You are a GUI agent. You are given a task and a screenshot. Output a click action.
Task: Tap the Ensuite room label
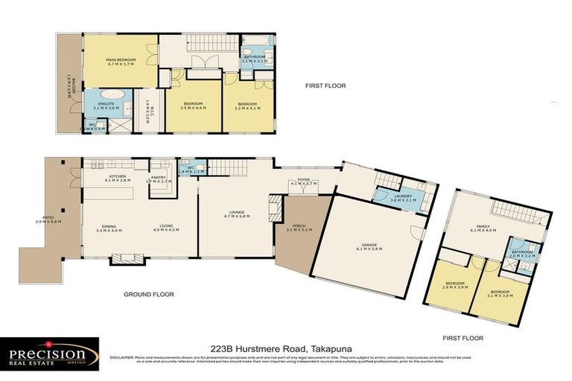99,106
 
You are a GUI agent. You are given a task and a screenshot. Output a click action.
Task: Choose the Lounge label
237,214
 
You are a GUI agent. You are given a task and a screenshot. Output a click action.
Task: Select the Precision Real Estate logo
51,353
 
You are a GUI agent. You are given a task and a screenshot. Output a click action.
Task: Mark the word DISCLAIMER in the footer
122,356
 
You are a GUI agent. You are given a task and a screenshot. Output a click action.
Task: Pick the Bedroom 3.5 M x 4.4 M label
191,106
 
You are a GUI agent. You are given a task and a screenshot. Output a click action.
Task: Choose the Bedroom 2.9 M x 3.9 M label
455,285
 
